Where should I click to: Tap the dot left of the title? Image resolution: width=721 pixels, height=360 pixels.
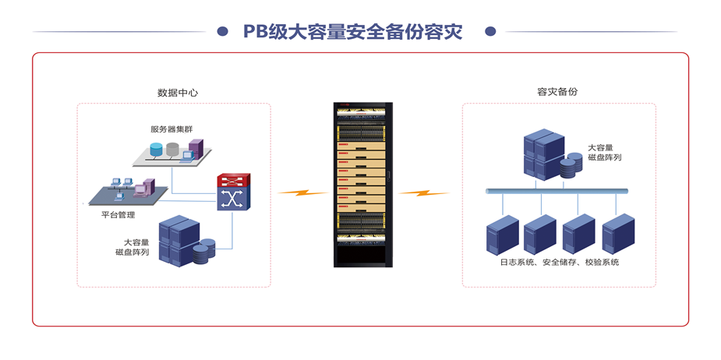pyautogui.click(x=223, y=32)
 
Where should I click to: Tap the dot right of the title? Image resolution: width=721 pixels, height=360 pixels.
pyautogui.click(x=490, y=32)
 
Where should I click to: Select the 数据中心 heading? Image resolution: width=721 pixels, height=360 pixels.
pyautogui.click(x=178, y=92)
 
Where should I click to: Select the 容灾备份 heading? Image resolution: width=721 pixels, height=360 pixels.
pyautogui.click(x=557, y=91)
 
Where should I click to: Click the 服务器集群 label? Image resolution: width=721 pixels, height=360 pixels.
pyautogui.click(x=171, y=129)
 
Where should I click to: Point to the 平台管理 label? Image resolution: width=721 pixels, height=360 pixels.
pyautogui.click(x=118, y=215)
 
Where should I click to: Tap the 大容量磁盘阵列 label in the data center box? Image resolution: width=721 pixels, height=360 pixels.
pyautogui.click(x=133, y=247)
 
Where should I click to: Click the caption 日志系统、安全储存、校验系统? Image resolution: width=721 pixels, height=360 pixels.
pyautogui.click(x=559, y=263)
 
